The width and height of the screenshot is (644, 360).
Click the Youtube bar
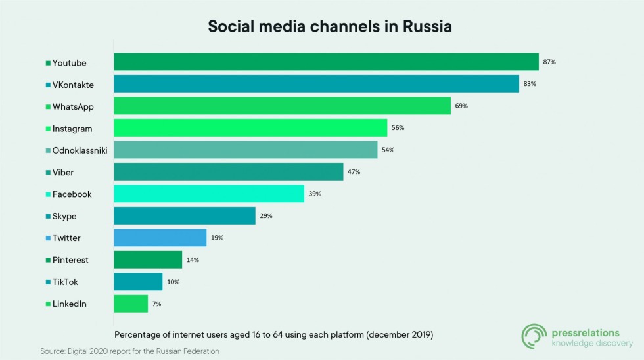[x=326, y=62]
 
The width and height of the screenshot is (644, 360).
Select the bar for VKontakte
[x=316, y=84]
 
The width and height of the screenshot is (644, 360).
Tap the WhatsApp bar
[x=282, y=106]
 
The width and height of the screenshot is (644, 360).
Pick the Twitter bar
[x=160, y=238]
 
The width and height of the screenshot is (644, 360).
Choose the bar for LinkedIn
[x=131, y=304]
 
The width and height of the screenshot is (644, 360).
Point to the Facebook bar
[x=209, y=194]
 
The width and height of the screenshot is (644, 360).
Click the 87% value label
[x=549, y=62]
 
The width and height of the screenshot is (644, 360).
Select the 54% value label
[x=388, y=150]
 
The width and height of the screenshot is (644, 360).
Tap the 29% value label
[x=266, y=216]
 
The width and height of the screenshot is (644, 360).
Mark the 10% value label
[x=173, y=282]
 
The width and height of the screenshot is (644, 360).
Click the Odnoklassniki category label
[x=80, y=150]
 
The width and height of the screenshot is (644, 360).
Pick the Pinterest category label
[x=70, y=260]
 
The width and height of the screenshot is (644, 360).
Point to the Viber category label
[x=63, y=172]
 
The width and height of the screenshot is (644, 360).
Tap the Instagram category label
[x=72, y=129]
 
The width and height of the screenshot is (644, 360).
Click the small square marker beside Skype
[x=48, y=217]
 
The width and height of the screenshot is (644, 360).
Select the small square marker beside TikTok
[x=48, y=282]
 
